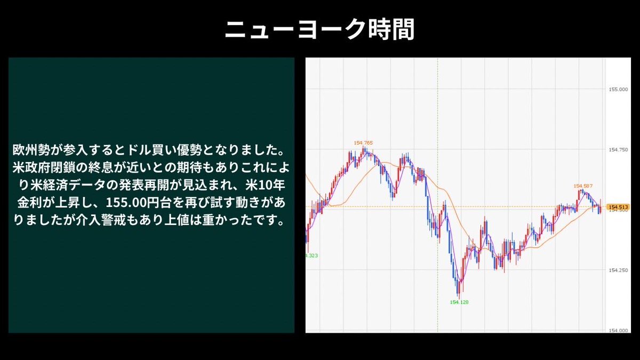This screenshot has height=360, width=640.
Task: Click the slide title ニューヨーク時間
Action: click(319, 30)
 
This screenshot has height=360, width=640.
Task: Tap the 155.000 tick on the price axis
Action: click(618, 90)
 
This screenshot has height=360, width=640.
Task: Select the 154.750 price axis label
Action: click(618, 150)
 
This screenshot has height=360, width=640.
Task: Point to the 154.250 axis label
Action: click(618, 270)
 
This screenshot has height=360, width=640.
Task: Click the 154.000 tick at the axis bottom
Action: click(618, 330)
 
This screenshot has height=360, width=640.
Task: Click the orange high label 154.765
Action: click(363, 143)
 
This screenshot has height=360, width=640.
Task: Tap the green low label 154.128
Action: click(459, 302)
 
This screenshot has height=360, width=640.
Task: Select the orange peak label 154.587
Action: click(583, 186)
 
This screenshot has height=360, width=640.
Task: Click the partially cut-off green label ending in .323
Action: click(311, 255)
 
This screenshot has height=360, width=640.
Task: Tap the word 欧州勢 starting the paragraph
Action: click(31, 150)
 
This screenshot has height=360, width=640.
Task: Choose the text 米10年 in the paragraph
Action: click(265, 185)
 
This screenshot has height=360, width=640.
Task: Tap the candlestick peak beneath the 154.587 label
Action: click(582, 190)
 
